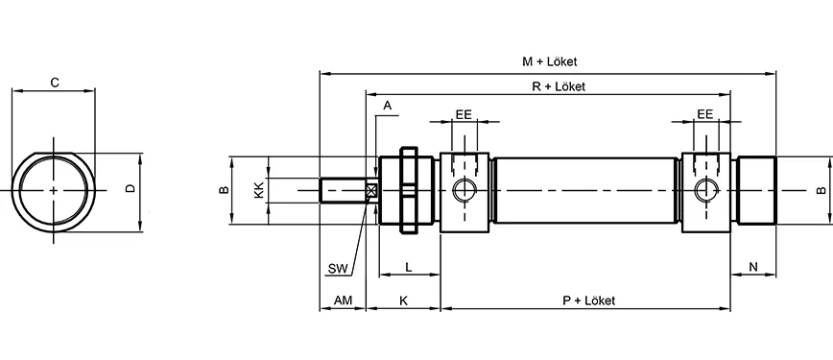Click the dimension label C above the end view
coord(55,83)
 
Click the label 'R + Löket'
coord(559,85)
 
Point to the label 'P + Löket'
coord(588,300)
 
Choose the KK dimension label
coord(258,190)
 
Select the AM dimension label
coord(343,300)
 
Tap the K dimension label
coord(403,300)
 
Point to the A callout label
coord(387,105)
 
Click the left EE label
coord(463,113)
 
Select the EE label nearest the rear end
coord(704,113)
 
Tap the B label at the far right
coord(821,190)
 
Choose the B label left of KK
coord(223,190)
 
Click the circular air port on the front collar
coord(464,190)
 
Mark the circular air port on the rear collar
coord(706,190)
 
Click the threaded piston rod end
coord(340,190)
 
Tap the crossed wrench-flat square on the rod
coord(372,190)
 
